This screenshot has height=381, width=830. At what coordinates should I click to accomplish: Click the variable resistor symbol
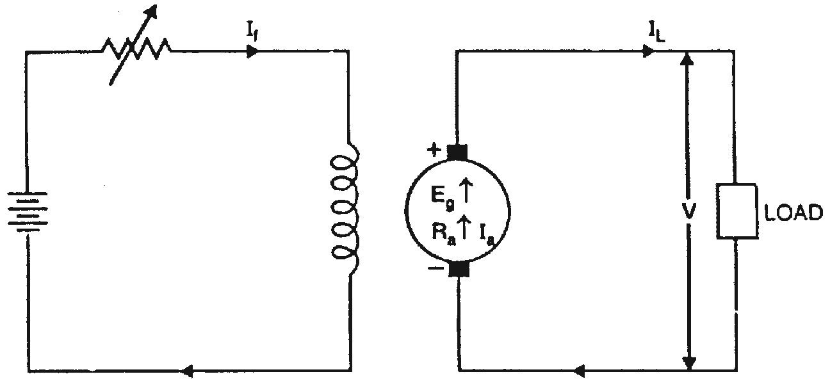point(136,49)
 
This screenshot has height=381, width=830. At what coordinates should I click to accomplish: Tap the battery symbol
point(26,212)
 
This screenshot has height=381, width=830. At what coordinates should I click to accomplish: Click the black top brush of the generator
point(458,152)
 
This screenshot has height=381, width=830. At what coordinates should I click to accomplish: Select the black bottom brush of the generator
point(459,269)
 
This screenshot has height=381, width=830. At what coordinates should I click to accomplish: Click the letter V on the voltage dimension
point(688,211)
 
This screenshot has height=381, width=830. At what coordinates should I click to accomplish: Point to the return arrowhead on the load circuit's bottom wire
point(580,370)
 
